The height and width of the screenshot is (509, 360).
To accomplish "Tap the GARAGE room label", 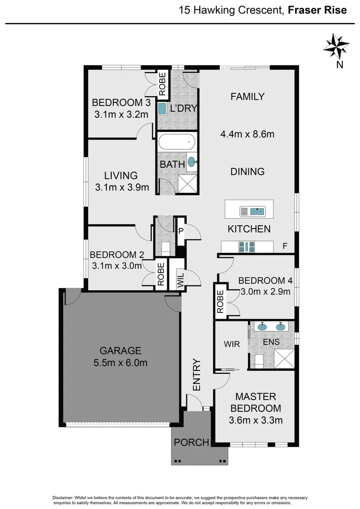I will (120, 351).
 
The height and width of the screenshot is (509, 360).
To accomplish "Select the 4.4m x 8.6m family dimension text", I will (247, 134).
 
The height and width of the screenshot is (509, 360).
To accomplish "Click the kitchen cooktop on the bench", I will (247, 246).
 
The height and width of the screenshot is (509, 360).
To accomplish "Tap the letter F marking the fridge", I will (285, 246).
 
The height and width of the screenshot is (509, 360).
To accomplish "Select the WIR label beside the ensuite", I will (232, 345).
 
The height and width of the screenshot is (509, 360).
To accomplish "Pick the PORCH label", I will (191, 443).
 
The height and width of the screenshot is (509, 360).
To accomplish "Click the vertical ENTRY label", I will (196, 375).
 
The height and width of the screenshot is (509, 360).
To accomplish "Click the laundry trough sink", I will (162, 109).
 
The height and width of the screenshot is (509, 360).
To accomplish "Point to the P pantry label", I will (181, 231).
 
